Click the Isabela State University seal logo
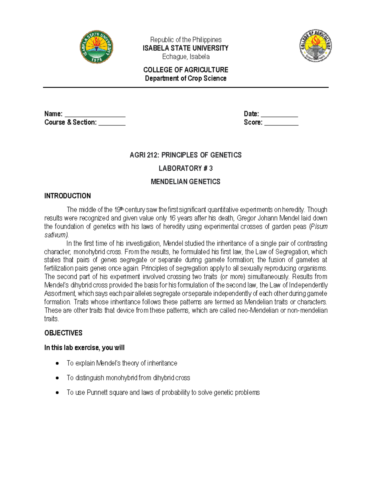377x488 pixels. (96, 47)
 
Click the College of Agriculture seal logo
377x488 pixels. (315, 46)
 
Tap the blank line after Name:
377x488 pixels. (95, 115)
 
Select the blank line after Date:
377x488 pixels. (279, 115)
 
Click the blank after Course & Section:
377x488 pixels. (112, 123)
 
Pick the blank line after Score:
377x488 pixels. (281, 123)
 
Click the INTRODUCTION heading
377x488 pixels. (68, 196)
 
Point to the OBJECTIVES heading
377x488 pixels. (63, 333)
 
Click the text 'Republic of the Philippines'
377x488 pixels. (186, 40)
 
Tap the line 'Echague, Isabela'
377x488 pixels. (186, 57)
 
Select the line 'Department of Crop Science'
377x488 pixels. (186, 78)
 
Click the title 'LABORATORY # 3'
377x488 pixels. (186, 168)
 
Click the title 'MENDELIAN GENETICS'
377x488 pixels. (186, 182)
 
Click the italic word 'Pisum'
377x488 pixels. (319, 227)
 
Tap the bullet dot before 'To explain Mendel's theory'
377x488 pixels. (57, 363)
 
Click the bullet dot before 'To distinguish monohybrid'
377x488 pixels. (57, 378)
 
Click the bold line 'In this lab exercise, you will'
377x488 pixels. (84, 348)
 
